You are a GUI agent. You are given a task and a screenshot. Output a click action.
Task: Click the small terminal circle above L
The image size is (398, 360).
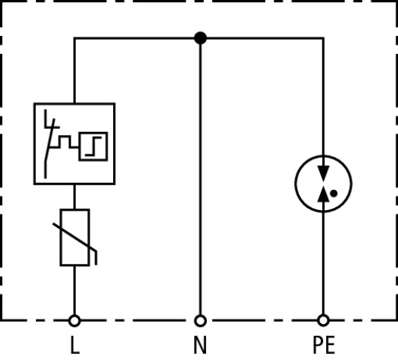[x=74, y=320]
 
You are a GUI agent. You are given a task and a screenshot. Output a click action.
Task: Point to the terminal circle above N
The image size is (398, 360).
[x=199, y=320]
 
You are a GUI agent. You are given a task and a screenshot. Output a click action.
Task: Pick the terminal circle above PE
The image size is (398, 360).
[x=324, y=320]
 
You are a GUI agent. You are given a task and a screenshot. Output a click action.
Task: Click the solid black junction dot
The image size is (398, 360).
[x=199, y=37]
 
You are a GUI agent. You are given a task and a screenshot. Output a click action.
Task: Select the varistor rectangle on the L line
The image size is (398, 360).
[x=74, y=237]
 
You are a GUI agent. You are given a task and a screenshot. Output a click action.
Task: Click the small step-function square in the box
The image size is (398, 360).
[x=99, y=141]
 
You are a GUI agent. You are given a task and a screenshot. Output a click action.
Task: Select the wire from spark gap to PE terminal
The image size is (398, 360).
[x=324, y=262]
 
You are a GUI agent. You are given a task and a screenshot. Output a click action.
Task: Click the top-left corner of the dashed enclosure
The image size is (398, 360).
[x=2, y=2]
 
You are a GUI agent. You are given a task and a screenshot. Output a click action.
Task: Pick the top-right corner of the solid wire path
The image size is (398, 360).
[x=324, y=37]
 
